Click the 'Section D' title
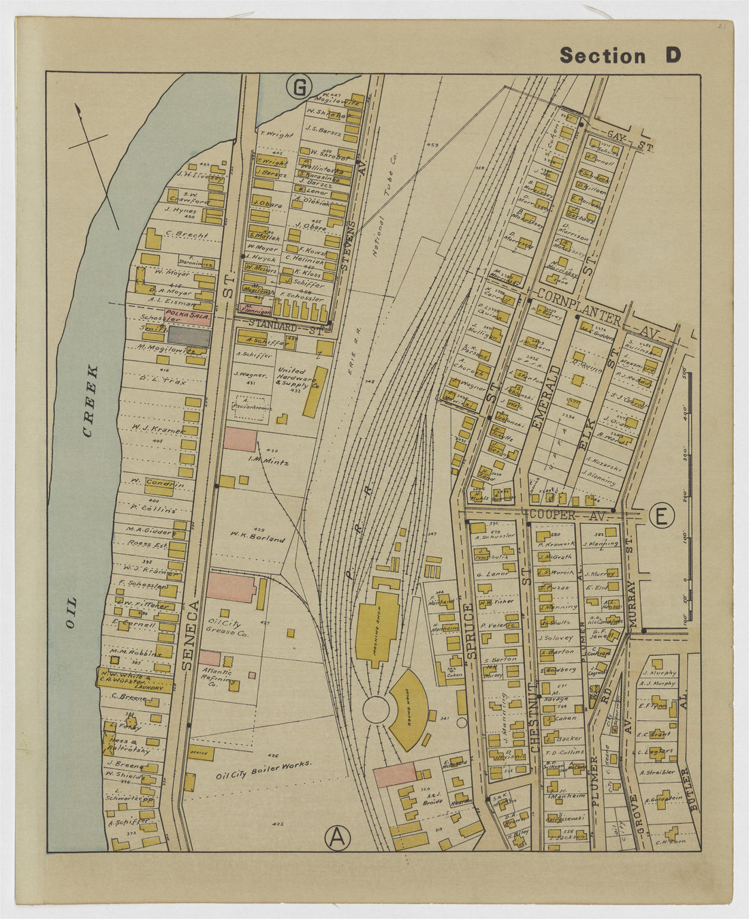pyautogui.click(x=620, y=56)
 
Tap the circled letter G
pyautogui.click(x=299, y=87)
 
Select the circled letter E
pyautogui.click(x=660, y=516)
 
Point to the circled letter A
pyautogui.click(x=336, y=838)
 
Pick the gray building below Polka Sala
pyautogui.click(x=189, y=335)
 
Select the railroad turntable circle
pyautogui.click(x=376, y=709)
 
